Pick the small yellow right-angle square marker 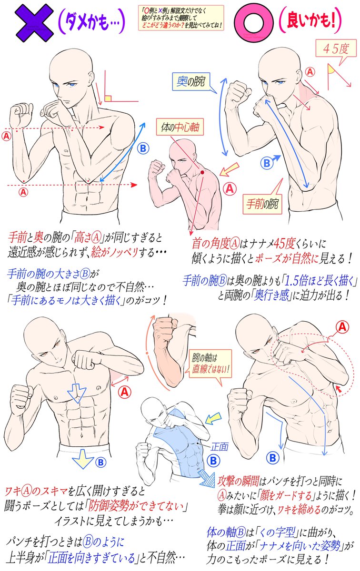pyautogui.click(x=108, y=98)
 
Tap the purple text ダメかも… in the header pyautogui.click(x=92, y=21)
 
